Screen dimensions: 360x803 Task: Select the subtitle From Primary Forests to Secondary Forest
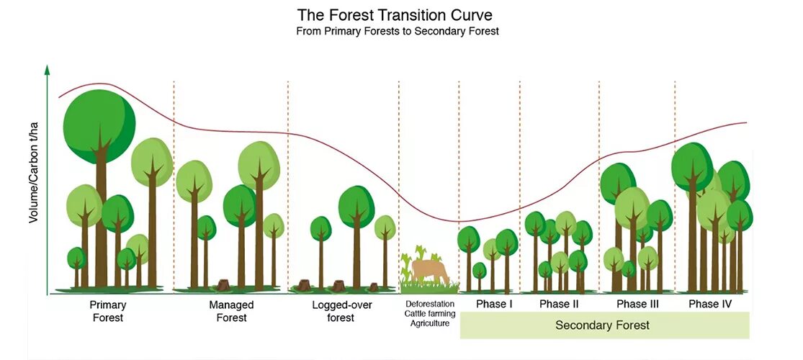coord(398,32)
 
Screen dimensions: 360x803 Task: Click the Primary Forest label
coord(109,311)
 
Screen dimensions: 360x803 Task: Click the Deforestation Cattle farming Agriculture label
coord(429,313)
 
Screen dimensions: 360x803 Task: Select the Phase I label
coord(494,305)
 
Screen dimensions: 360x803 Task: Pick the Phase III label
coord(637,305)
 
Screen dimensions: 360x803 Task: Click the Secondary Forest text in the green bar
coord(602,325)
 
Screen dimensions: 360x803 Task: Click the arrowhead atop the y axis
coord(48,69)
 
